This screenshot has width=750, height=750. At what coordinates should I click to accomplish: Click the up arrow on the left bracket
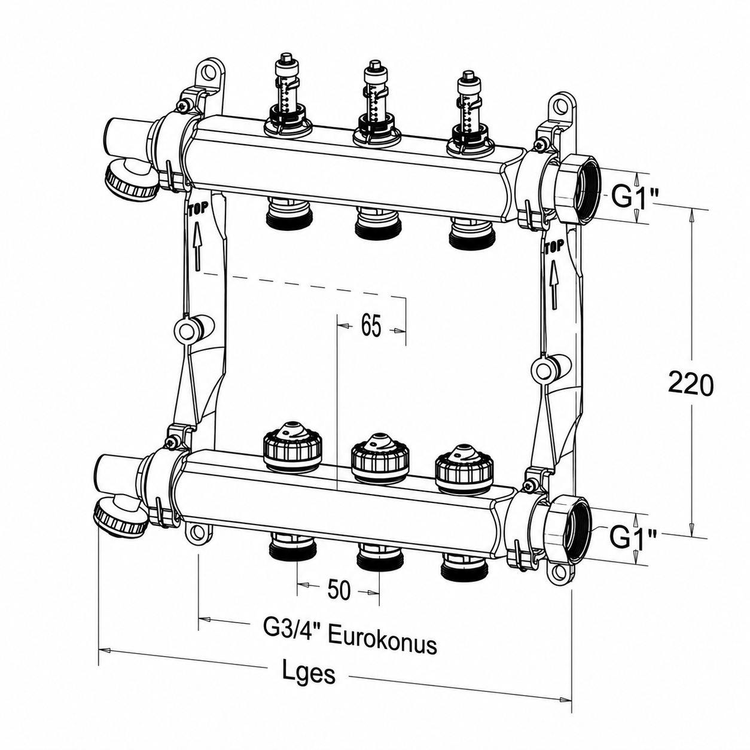coord(197,246)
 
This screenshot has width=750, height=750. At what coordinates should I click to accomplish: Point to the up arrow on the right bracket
coord(554,283)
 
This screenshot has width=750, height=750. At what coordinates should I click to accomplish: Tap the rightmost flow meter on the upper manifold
coord(469,117)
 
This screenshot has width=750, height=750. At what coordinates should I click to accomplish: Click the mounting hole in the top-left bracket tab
coord(211,74)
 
